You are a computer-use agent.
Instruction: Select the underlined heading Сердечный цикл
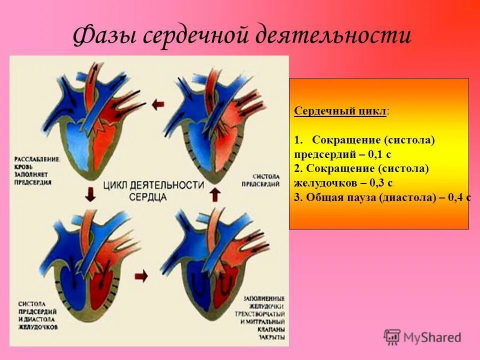coord(339,111)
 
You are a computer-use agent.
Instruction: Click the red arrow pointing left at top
coord(158,104)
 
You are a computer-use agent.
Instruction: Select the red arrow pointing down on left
coord(90,193)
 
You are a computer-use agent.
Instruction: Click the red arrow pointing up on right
coord(214,193)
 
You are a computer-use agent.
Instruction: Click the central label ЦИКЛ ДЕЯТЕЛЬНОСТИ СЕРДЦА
coord(154,190)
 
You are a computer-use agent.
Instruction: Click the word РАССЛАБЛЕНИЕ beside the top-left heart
coord(37,158)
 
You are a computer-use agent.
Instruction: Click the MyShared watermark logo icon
coord(392,337)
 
